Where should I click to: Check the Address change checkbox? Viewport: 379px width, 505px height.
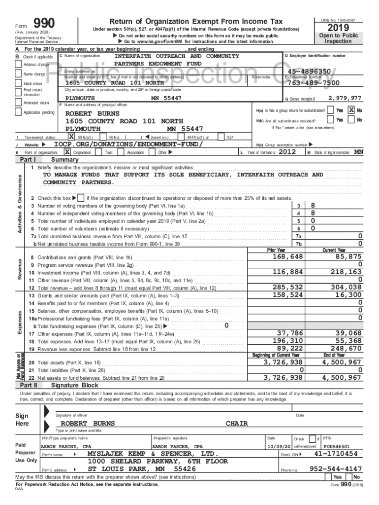[19, 65]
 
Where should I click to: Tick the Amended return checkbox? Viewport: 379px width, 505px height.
[19, 103]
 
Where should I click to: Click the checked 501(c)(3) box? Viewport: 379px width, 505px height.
[71, 136]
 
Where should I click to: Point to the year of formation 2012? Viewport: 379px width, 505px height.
[287, 152]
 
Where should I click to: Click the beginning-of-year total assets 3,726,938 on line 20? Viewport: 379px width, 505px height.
[283, 362]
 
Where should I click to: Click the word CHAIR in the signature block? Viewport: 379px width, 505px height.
[237, 424]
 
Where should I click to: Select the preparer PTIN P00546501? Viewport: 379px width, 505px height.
[337, 446]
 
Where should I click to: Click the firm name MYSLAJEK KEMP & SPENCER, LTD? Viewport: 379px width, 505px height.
[153, 453]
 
